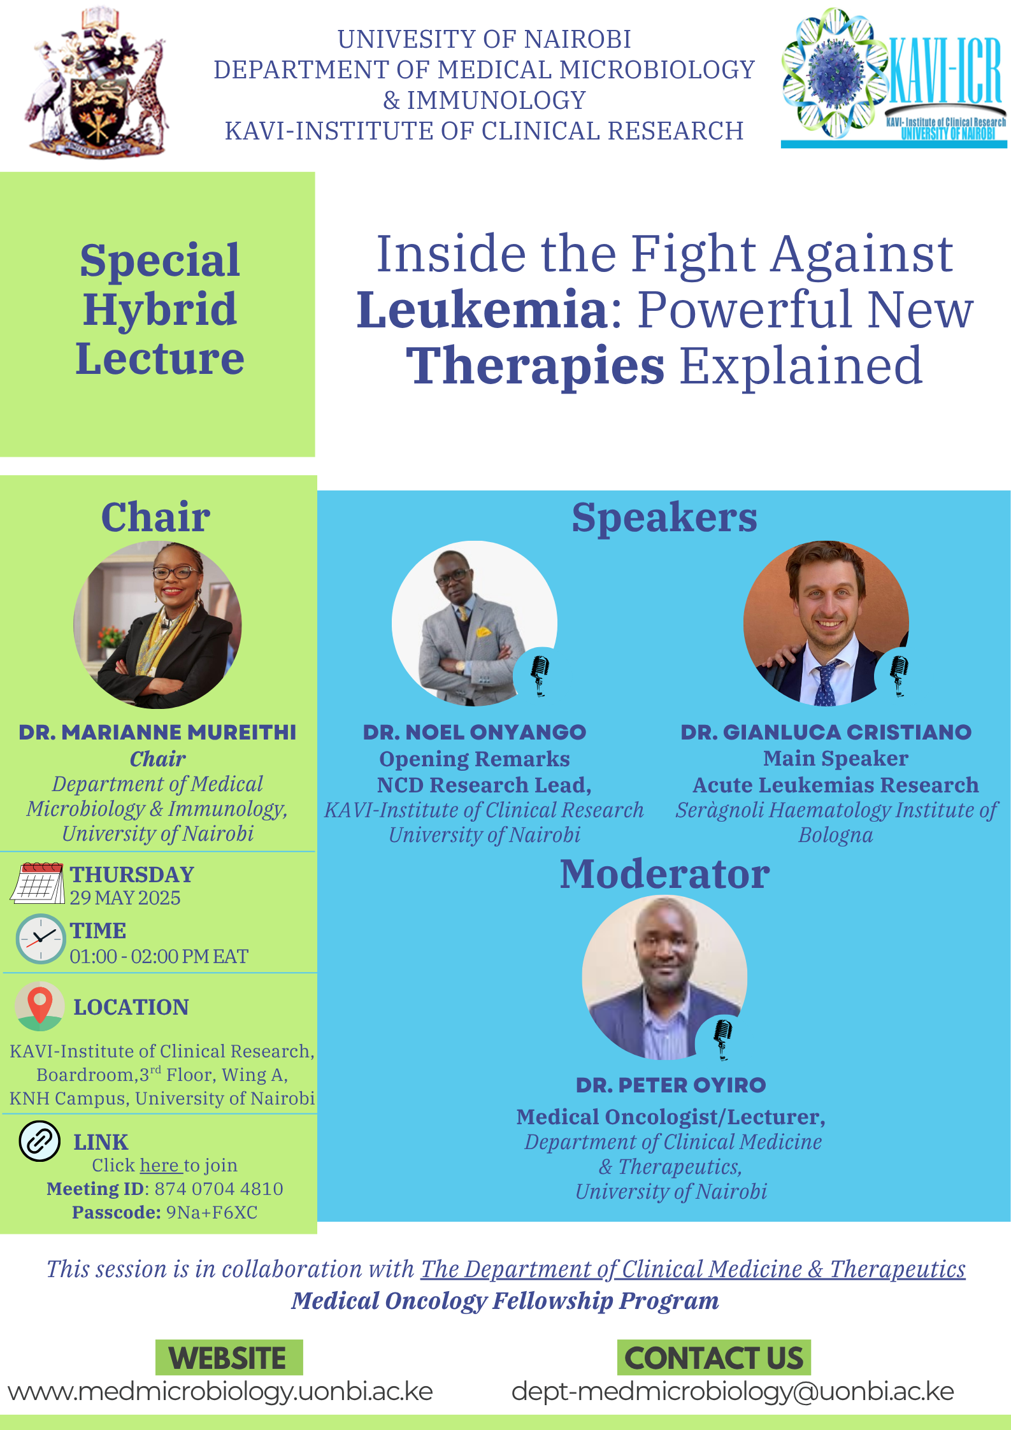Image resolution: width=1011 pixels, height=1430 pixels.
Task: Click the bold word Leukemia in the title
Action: [482, 309]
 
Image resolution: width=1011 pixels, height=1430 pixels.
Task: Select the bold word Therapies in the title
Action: [535, 366]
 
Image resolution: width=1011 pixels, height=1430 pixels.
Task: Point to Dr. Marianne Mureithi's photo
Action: [157, 625]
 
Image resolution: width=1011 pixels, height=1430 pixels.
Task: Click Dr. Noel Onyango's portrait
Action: [475, 623]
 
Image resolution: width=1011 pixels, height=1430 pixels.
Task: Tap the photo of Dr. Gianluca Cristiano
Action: [826, 623]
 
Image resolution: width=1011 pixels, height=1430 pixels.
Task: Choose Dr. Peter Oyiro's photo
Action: [664, 978]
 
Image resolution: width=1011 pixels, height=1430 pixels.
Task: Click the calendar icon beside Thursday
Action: [38, 883]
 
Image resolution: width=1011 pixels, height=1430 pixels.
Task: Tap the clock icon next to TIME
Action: [40, 939]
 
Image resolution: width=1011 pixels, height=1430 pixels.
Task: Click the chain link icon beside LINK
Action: [39, 1141]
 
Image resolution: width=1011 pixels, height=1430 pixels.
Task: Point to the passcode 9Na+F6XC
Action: [212, 1212]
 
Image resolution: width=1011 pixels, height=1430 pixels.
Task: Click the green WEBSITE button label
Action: [229, 1357]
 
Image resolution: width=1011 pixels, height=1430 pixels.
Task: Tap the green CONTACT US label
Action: [713, 1357]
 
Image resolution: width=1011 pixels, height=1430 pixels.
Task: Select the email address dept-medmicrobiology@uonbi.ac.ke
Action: [733, 1392]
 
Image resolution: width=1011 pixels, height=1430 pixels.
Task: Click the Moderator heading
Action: [664, 874]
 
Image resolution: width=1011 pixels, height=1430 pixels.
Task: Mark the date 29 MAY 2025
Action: [125, 897]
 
